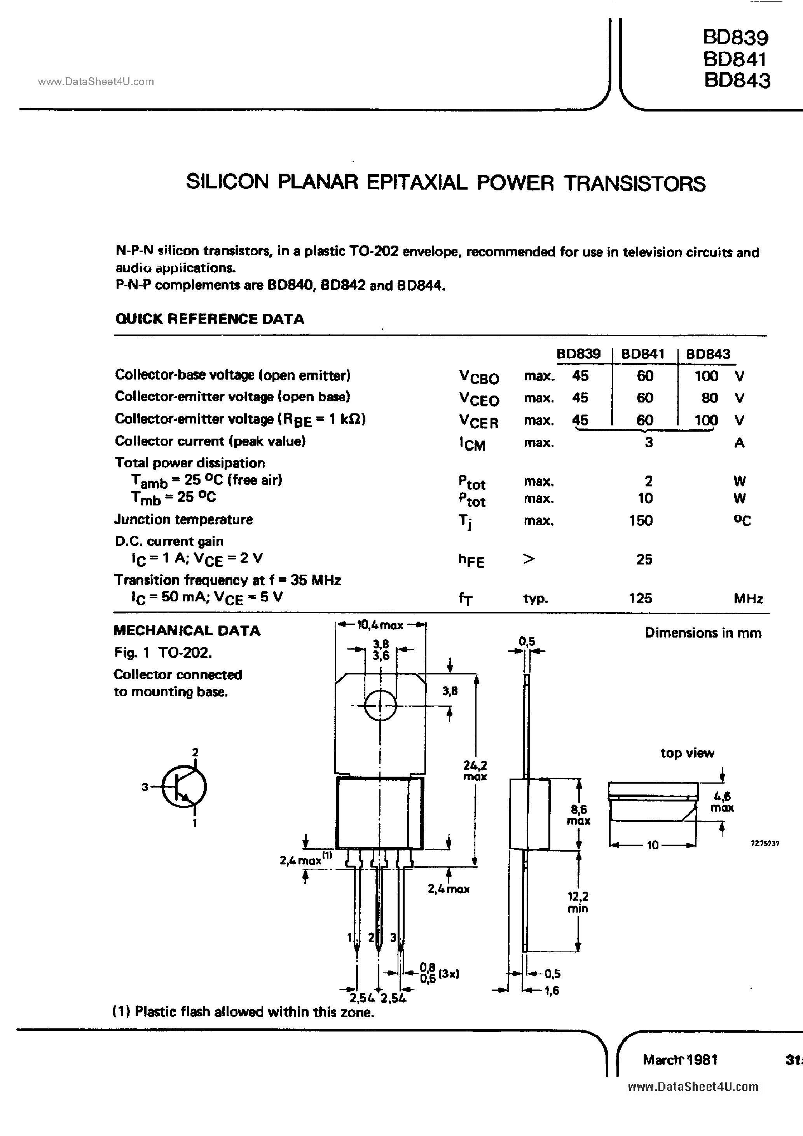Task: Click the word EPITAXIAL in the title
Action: click(416, 183)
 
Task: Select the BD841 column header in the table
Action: click(642, 354)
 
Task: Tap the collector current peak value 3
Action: click(649, 442)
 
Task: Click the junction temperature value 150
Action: click(641, 520)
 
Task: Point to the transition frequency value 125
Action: click(641, 598)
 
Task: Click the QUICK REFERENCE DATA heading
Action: click(209, 319)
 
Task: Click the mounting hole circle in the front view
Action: click(380, 706)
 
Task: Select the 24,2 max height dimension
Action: click(475, 770)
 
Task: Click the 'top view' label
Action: click(687, 753)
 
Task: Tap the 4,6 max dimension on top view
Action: click(722, 801)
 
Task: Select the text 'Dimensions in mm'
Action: click(703, 633)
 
